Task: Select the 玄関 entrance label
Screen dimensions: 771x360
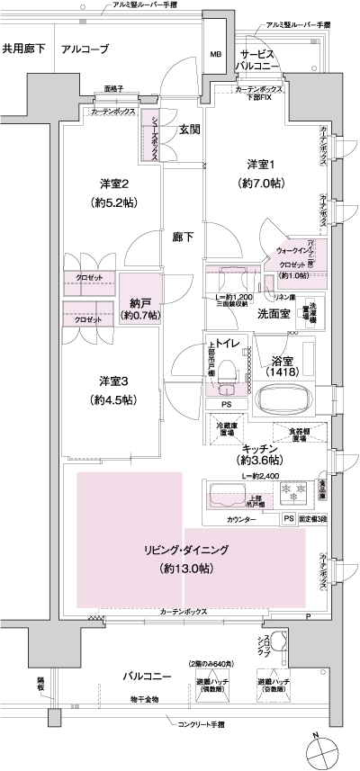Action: (x=189, y=129)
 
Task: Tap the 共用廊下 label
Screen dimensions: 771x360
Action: (x=23, y=48)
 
